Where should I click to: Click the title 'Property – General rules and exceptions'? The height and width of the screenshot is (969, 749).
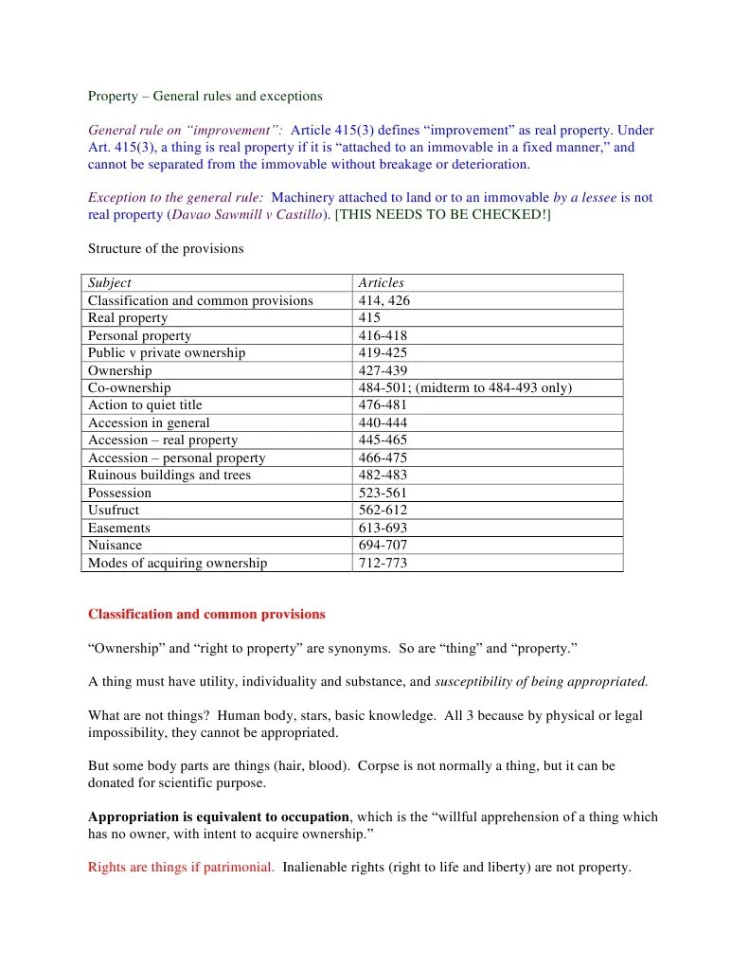205,96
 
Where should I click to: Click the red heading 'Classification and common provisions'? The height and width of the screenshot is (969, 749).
206,614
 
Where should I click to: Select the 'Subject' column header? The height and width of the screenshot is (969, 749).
110,282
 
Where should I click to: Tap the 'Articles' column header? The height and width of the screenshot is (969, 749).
381,282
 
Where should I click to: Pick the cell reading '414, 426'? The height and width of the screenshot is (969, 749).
383,300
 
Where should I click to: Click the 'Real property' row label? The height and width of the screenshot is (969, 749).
128,317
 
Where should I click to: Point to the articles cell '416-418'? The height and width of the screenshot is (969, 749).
383,335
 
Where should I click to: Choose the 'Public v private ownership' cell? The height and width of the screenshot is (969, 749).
167,352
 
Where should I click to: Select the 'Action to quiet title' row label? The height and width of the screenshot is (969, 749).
146,404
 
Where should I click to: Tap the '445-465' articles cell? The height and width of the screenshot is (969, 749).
383,440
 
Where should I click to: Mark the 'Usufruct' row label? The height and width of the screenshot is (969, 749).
114,510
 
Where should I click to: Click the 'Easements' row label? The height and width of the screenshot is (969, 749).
119,528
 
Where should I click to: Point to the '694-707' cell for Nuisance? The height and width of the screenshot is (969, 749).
383,545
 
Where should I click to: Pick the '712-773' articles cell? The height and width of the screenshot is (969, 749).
383,563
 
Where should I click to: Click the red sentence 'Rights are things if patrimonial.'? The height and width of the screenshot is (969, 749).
181,867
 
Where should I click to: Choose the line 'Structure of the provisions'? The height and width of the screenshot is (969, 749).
166,249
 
